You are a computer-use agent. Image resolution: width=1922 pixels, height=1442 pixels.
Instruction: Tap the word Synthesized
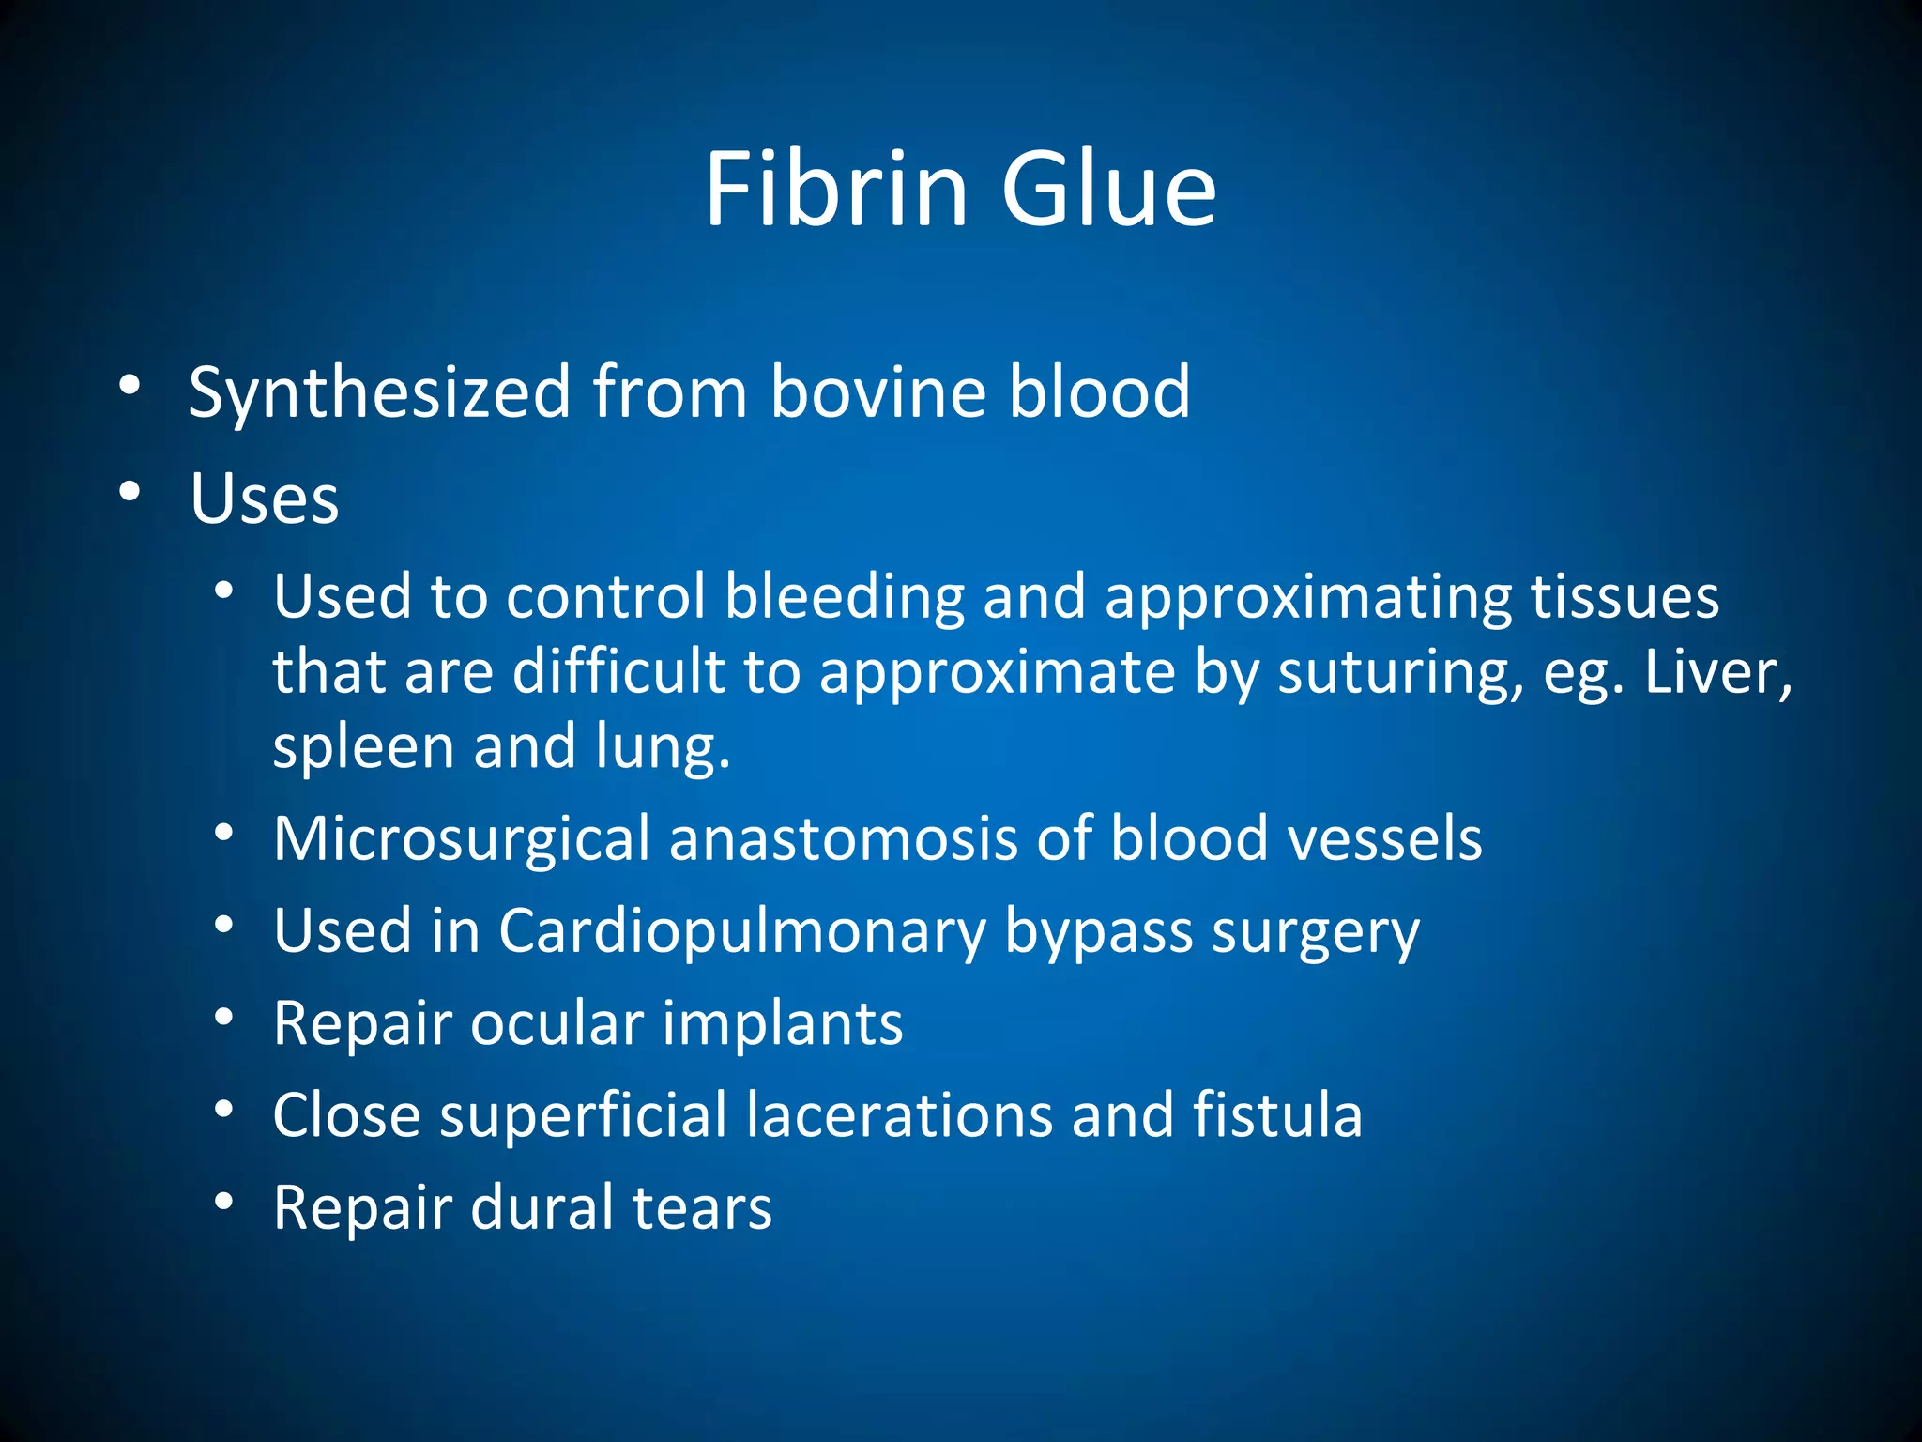pyautogui.click(x=379, y=391)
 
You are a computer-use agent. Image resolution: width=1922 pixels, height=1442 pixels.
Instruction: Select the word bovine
pyautogui.click(x=877, y=391)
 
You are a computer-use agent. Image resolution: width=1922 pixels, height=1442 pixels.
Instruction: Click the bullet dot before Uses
pyautogui.click(x=130, y=491)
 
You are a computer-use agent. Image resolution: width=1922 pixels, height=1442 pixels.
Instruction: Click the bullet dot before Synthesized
pyautogui.click(x=130, y=385)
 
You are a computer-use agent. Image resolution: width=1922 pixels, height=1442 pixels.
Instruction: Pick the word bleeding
pyautogui.click(x=845, y=598)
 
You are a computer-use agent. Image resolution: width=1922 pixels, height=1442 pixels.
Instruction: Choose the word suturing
pyautogui.click(x=1399, y=672)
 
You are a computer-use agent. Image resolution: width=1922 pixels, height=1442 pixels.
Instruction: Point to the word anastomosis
pyautogui.click(x=843, y=838)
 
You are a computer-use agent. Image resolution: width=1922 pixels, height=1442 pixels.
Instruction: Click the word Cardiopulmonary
pyautogui.click(x=741, y=931)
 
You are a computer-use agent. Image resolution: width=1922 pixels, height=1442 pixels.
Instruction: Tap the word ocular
pyautogui.click(x=557, y=1022)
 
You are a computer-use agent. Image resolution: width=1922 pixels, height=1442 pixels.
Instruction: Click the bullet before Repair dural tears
pyautogui.click(x=223, y=1202)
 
